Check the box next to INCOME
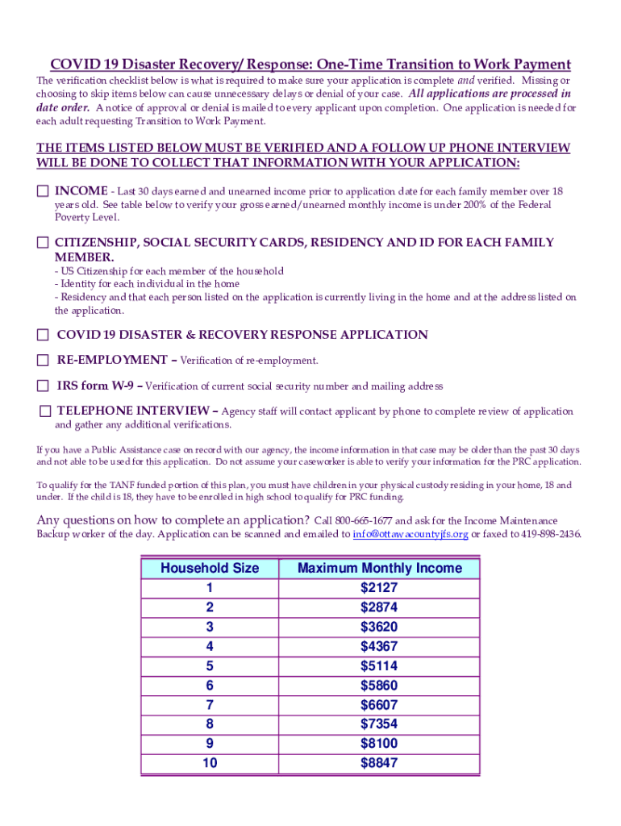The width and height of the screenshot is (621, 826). (x=42, y=191)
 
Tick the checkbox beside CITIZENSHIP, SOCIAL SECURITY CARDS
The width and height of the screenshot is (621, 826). (x=42, y=242)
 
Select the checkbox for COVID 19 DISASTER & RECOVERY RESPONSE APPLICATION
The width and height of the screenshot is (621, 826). (x=42, y=334)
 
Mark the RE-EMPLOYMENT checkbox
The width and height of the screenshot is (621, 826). (x=42, y=360)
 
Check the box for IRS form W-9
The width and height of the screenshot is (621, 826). (x=42, y=386)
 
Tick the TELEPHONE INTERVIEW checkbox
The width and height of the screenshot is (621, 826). (x=45, y=411)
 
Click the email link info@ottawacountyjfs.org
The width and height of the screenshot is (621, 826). (x=411, y=534)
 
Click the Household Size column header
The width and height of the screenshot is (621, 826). (x=210, y=568)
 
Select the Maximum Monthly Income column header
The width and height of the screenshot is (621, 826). (x=379, y=568)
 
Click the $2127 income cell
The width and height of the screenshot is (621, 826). (x=379, y=588)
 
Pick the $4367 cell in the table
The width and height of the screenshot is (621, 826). (x=379, y=646)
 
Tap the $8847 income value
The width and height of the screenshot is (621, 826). (x=379, y=762)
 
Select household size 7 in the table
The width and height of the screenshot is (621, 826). (x=210, y=704)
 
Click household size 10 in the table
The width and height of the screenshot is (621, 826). (x=210, y=762)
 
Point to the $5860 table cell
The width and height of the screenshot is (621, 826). (x=379, y=685)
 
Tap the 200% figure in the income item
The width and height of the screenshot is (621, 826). (x=475, y=205)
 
